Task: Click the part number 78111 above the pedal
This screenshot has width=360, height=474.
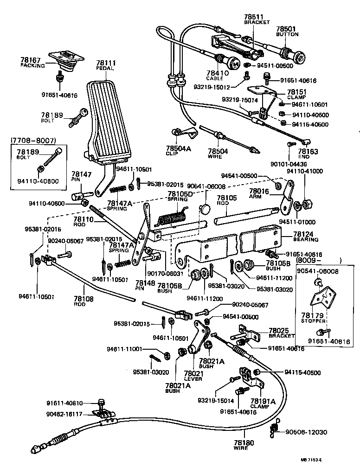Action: (x=106, y=63)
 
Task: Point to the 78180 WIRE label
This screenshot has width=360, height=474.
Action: (x=244, y=445)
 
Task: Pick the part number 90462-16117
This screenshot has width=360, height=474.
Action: (x=64, y=414)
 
